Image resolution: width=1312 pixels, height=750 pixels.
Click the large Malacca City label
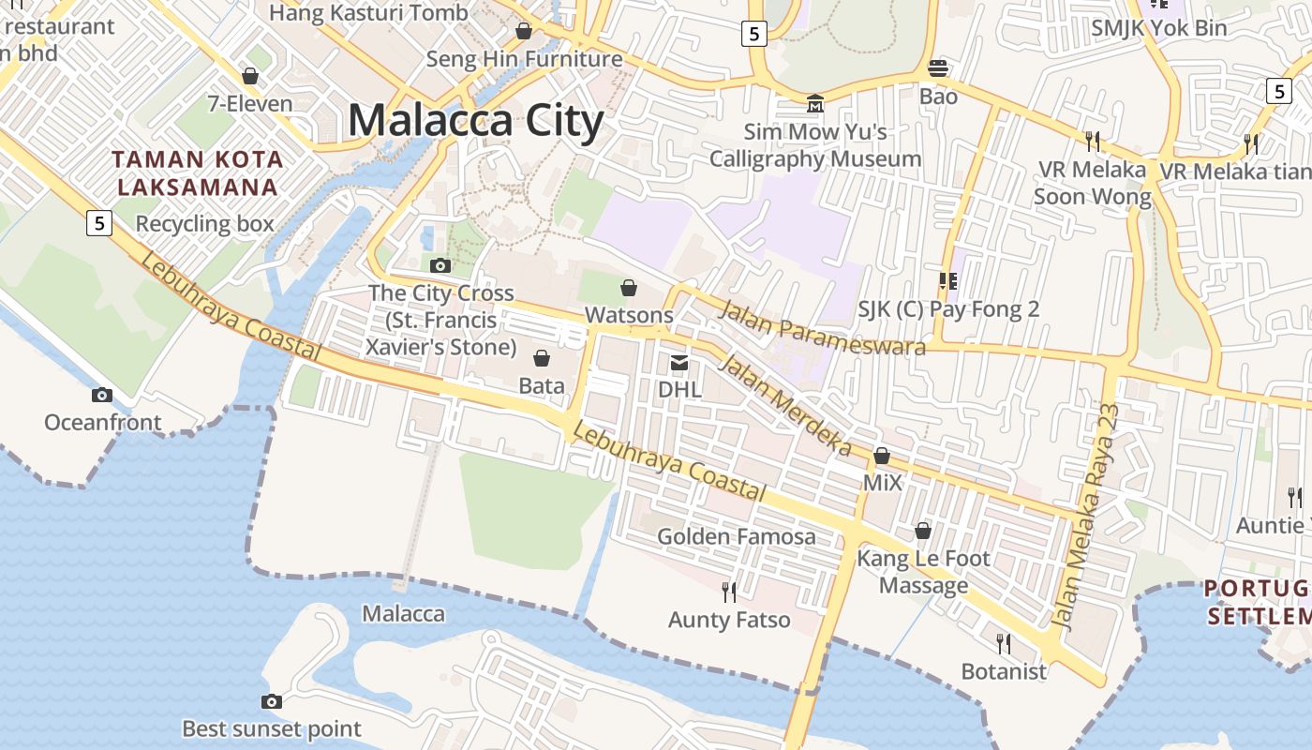tap(476, 121)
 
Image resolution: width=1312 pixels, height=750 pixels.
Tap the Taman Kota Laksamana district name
tap(199, 172)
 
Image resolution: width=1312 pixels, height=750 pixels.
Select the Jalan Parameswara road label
tap(821, 328)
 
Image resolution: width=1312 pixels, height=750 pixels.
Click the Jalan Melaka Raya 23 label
tap(1087, 516)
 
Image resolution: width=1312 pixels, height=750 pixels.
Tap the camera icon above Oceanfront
tap(102, 396)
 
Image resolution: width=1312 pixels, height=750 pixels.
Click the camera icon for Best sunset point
tap(271, 702)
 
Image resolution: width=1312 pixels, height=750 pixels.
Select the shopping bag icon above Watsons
tap(629, 288)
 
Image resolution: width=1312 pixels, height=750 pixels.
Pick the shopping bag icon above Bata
tap(542, 358)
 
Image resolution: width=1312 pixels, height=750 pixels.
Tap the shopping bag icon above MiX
tap(882, 457)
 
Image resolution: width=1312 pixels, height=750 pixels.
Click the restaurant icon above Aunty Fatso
tap(729, 592)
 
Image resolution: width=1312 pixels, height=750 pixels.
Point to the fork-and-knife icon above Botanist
tap(1004, 643)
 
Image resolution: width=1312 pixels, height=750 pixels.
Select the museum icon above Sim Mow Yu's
tap(815, 102)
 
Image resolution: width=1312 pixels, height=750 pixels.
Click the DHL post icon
tap(679, 363)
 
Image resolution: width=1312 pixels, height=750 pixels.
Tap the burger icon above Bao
tap(938, 67)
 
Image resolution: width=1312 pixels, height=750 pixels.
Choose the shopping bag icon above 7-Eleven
tap(250, 76)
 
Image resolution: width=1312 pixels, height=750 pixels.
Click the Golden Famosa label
tap(736, 537)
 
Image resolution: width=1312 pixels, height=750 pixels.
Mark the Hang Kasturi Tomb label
tap(368, 13)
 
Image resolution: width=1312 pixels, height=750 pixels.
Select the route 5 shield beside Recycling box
tap(98, 223)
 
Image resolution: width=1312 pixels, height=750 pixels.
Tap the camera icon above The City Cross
tap(440, 266)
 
